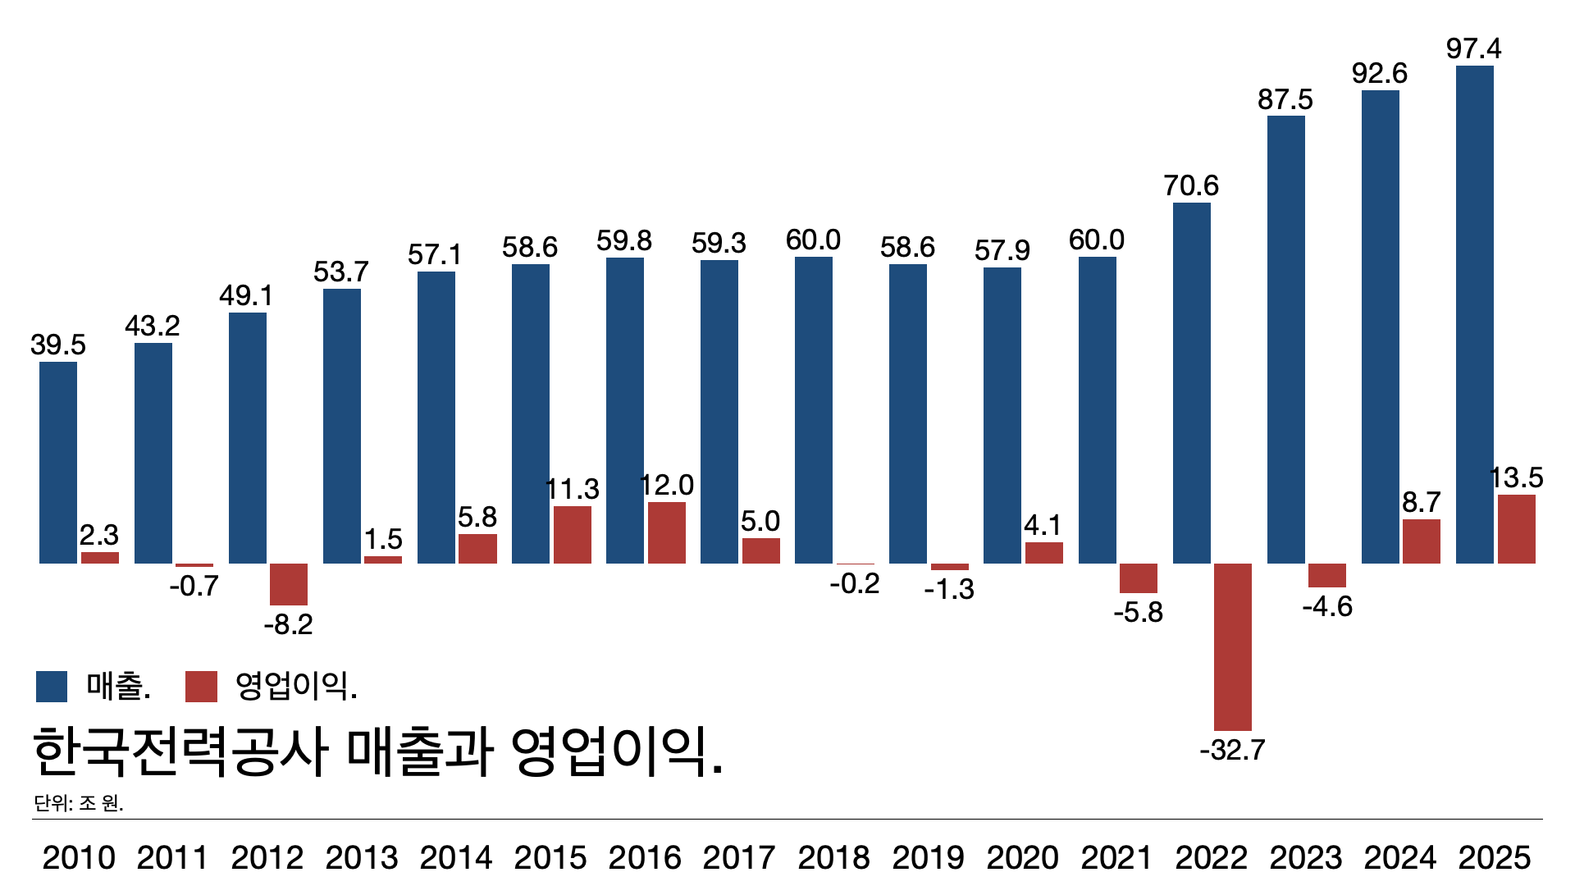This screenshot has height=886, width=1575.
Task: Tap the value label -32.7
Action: pyautogui.click(x=1232, y=750)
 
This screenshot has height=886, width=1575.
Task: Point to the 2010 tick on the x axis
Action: pyautogui.click(x=79, y=857)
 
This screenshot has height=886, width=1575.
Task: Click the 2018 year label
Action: pyautogui.click(x=833, y=857)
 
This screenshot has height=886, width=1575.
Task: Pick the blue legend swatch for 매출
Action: pyautogui.click(x=52, y=687)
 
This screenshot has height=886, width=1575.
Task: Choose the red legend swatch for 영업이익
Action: pyautogui.click(x=201, y=687)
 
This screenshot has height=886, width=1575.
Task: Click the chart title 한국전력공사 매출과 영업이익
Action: pyautogui.click(x=378, y=751)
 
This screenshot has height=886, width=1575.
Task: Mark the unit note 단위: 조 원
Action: pyautogui.click(x=79, y=803)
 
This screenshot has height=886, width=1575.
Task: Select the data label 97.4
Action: pyautogui.click(x=1473, y=49)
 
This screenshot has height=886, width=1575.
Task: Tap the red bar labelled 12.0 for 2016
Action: pyautogui.click(x=666, y=532)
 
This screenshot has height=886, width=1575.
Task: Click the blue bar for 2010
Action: pyautogui.click(x=58, y=463)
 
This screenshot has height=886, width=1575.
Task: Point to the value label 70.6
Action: pyautogui.click(x=1190, y=186)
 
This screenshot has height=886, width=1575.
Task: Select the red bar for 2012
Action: pyautogui.click(x=289, y=584)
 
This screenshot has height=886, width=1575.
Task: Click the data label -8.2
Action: pyautogui.click(x=289, y=625)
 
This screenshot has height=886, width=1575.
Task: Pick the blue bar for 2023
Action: pyautogui.click(x=1285, y=340)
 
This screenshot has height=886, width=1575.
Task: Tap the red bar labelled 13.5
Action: pyautogui.click(x=1516, y=529)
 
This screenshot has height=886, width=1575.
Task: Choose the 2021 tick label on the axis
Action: pyautogui.click(x=1116, y=857)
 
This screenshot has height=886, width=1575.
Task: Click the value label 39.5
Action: pyautogui.click(x=58, y=345)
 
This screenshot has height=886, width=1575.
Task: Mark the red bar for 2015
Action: pyautogui.click(x=572, y=535)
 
